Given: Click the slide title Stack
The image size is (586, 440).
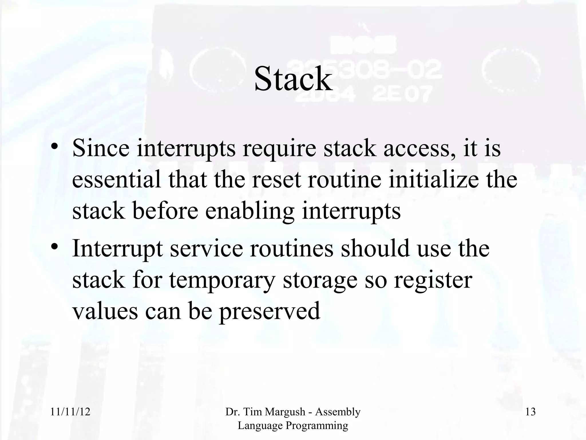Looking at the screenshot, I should tap(293, 79).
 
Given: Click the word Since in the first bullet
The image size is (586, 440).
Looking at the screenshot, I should tap(101, 148).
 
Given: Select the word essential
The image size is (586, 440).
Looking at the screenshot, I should tap(116, 179).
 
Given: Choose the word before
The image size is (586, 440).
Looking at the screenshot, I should tap(165, 211).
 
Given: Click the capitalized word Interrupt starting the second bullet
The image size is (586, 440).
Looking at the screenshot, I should tap(118, 248).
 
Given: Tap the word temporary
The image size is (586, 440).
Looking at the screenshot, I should tap(222, 280).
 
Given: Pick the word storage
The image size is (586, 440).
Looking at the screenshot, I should tap(320, 280).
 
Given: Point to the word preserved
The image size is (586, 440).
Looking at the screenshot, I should tap(269, 311).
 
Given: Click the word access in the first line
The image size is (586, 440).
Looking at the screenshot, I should tap(417, 148).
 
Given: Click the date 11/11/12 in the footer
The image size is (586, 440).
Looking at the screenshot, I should tap(70, 412).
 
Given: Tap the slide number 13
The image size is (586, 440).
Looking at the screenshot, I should tap(530, 412).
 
